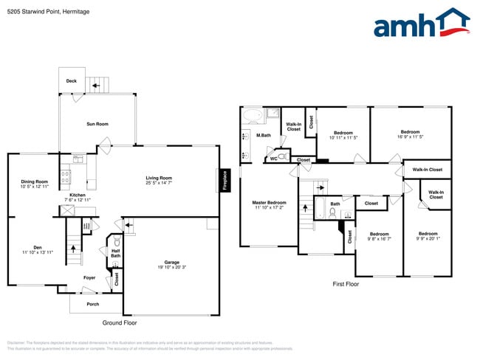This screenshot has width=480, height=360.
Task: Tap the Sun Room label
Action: pyautogui.click(x=97, y=124)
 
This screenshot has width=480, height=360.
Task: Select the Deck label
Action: pyautogui.click(x=72, y=81)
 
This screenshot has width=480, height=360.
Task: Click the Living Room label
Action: pyautogui.click(x=158, y=178)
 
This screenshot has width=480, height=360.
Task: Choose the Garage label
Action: pyautogui.click(x=172, y=263)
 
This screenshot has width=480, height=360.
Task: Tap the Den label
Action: pyautogui.click(x=37, y=247)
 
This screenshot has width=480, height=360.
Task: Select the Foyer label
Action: pyautogui.click(x=89, y=278)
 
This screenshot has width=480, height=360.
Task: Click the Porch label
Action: pyautogui.click(x=93, y=304)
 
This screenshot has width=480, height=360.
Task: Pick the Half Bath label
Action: pyautogui.click(x=116, y=253)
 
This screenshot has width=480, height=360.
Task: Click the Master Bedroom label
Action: pyautogui.click(x=269, y=202)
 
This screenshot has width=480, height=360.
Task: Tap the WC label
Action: pyautogui.click(x=273, y=158)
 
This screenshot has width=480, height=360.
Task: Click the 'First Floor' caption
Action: pyautogui.click(x=345, y=284)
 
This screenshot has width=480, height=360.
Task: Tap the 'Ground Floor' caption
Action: pyautogui.click(x=119, y=323)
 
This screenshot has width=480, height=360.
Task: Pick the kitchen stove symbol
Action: pyautogui.click(x=65, y=177)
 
